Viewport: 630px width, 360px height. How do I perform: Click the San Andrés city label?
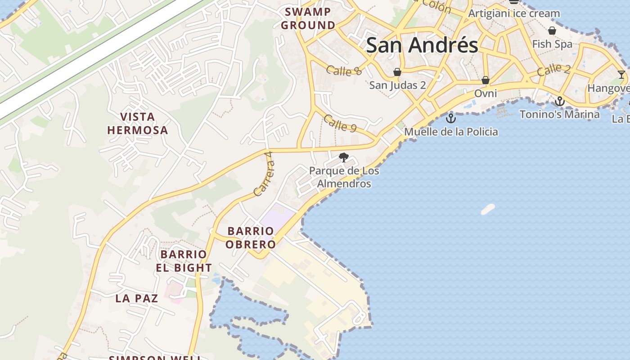[422, 45]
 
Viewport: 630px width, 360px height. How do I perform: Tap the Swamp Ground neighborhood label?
[308, 18]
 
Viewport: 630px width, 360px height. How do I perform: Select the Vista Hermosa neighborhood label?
[137, 124]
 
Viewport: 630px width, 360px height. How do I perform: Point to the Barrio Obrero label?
[251, 238]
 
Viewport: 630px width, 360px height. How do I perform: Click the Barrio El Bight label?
[184, 261]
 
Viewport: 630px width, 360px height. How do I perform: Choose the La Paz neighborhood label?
[136, 298]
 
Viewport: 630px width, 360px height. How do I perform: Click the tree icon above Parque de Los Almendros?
[344, 157]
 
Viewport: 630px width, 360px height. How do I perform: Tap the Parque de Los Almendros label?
[344, 177]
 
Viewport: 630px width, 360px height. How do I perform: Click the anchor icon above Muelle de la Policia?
[450, 118]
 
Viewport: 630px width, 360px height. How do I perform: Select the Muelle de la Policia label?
[451, 132]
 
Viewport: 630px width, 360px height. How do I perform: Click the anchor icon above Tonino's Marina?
[559, 101]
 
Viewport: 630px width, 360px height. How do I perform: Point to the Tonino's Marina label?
[559, 114]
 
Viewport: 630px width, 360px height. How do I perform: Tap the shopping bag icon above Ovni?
[486, 80]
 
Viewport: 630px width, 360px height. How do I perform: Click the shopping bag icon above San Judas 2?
[397, 72]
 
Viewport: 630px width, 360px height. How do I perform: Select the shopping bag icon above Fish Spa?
[552, 31]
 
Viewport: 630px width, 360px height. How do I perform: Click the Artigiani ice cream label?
[514, 13]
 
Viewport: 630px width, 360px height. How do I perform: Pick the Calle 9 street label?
[340, 123]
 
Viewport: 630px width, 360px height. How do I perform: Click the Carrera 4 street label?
[263, 174]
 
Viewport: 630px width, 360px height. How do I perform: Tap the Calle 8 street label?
[344, 70]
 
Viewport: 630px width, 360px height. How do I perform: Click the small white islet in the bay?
[488, 209]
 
